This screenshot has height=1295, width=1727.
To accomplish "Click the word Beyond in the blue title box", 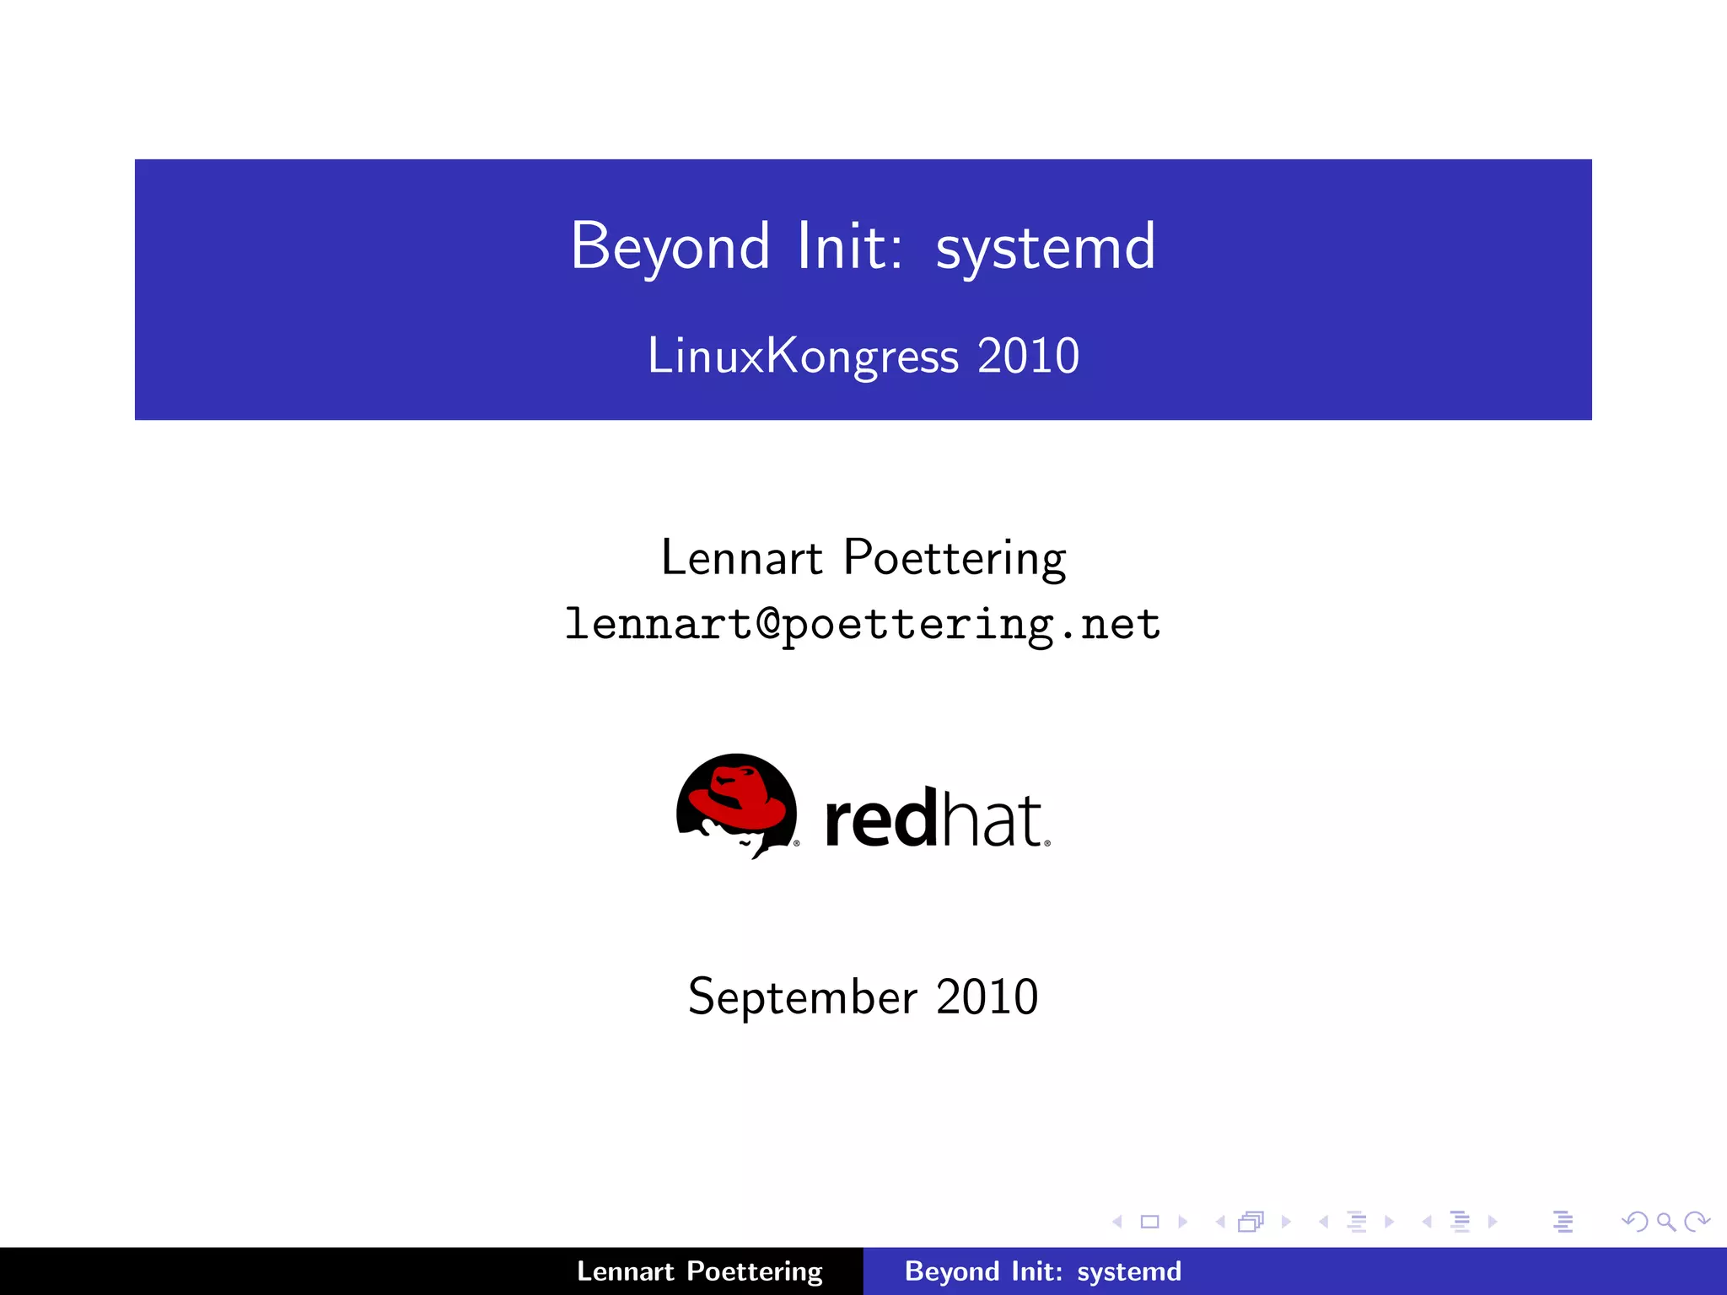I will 670,246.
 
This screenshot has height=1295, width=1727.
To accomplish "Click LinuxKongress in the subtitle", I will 803,356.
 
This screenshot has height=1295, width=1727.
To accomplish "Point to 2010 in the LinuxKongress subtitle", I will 1029,356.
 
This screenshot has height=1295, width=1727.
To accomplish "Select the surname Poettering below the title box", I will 955,558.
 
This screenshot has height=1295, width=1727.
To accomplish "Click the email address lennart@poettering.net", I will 863,625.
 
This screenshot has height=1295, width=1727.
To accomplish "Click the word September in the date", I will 802,997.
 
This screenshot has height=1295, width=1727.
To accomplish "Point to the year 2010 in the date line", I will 987,997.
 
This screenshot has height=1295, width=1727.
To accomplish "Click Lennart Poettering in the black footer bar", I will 699,1271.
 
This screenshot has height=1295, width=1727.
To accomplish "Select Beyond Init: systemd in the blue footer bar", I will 1043,1271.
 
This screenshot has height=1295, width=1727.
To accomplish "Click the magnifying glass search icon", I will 1665,1222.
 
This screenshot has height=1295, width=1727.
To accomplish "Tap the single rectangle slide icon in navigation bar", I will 1149,1222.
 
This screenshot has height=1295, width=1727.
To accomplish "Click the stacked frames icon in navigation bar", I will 1251,1222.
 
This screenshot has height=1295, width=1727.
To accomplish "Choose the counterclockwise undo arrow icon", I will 1635,1222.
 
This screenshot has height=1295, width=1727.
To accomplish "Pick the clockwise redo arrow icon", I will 1696,1222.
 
